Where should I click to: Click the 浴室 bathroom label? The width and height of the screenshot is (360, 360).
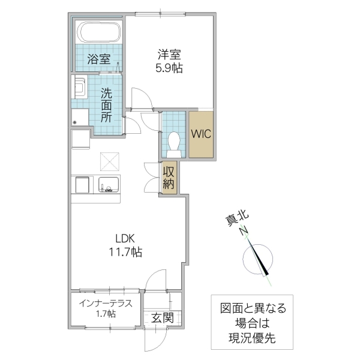pos(98,59)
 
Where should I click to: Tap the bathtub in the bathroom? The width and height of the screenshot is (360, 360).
pos(98,32)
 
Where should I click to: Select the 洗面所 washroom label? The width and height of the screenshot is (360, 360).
pos(106,106)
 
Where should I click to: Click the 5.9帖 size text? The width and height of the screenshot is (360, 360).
pos(169,68)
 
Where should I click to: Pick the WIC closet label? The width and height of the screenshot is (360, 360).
pos(201,134)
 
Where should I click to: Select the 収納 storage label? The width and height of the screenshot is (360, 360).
pos(169,178)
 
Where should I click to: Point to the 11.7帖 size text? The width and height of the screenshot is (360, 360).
pos(125,253)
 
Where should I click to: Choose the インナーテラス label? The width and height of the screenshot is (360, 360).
pos(105,302)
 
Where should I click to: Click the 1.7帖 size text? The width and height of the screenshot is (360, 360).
pos(105,314)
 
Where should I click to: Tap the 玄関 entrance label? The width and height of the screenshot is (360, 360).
pos(162,318)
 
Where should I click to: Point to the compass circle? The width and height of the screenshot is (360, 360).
pos(259,259)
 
